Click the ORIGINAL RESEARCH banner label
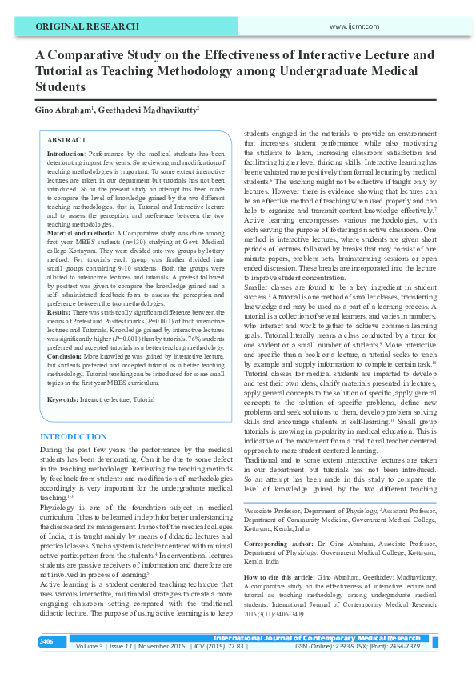coord(82,26)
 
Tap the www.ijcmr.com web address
coord(354,26)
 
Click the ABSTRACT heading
coord(66,139)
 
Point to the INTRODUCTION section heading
coord(73,436)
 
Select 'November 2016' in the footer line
coord(162,645)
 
